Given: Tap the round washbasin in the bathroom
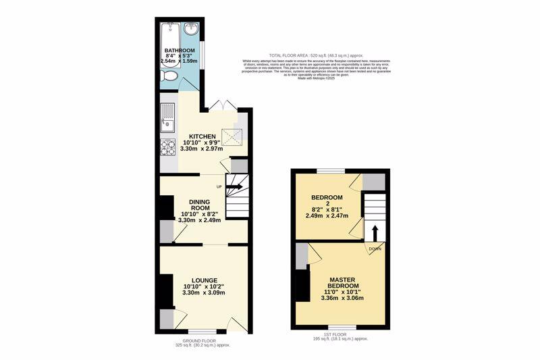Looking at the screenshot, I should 192,29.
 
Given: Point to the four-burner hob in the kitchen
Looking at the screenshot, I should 167,147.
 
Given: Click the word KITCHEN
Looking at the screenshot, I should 202,136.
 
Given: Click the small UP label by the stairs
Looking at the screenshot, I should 219,187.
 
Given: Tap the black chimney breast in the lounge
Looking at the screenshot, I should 165,290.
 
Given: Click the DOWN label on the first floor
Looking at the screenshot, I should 375,249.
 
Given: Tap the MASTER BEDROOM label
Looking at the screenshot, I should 342,284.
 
